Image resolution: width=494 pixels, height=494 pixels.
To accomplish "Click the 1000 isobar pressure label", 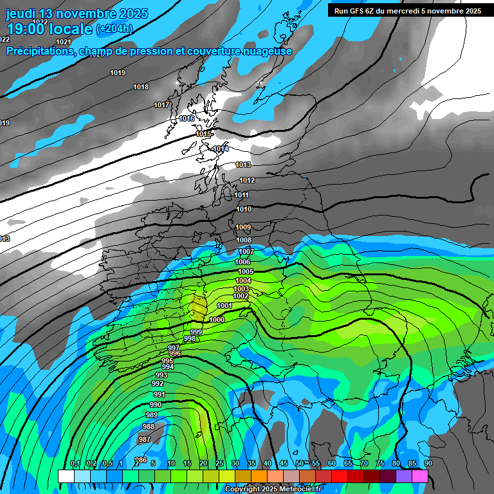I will coord(217,320).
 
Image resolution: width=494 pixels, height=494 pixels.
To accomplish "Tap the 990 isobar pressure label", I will coord(155,405).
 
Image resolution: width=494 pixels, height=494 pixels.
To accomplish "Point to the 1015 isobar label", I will coord(203,134).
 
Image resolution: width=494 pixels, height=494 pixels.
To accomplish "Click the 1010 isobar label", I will coord(244,209).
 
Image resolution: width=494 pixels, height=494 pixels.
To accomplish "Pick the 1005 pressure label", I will coord(245,272).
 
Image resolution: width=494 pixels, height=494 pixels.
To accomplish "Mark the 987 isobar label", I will coord(145,439).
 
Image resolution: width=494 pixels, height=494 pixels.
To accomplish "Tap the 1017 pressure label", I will coord(161,105).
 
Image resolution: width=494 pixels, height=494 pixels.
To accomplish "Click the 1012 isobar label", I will coord(247,180).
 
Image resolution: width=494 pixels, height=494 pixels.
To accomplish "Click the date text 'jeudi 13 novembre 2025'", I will coord(77,14).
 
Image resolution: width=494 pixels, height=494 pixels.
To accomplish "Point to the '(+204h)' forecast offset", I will coord(114,29).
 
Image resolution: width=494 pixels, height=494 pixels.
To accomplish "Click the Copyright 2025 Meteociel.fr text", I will coord(273,489).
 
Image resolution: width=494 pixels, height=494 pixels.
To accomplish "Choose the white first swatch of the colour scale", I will coord(66,477).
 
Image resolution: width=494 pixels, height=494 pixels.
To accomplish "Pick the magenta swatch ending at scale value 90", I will coord(420,477).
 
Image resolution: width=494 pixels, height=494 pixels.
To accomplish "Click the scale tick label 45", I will coord(284,464).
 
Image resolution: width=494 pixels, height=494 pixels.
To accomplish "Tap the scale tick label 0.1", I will coord(75,464).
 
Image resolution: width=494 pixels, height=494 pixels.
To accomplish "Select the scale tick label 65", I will coord(348,464).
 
